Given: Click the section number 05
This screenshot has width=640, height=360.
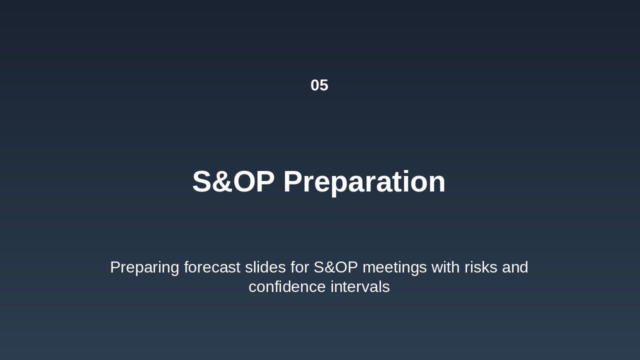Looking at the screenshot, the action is click(319, 85).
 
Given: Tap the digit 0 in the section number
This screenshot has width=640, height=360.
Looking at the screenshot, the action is click(315, 85).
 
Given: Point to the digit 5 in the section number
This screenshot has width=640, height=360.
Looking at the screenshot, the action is click(324, 85).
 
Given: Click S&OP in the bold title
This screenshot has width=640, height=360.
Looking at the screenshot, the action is click(233, 181).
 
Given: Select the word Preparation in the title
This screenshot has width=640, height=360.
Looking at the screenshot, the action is click(364, 182).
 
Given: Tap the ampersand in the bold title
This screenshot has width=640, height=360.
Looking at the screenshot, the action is click(221, 181).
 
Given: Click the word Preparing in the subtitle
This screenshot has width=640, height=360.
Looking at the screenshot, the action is click(144, 267).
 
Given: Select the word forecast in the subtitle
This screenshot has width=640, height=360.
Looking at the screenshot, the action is click(212, 267).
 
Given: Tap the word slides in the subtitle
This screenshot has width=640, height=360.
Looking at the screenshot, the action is click(265, 267).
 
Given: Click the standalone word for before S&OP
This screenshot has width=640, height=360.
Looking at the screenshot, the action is click(299, 267).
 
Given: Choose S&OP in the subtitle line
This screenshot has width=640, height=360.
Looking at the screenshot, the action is click(335, 267).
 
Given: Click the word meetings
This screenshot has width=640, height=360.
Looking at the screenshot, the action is click(394, 267).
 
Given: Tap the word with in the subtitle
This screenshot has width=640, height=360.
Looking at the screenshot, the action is click(445, 267).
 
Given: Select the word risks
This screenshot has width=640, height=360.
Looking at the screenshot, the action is click(481, 267).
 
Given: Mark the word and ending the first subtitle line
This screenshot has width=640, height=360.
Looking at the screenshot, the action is click(515, 267).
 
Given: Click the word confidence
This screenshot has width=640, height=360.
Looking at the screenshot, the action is click(287, 286).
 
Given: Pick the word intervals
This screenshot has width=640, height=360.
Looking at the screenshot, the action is click(360, 286).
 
